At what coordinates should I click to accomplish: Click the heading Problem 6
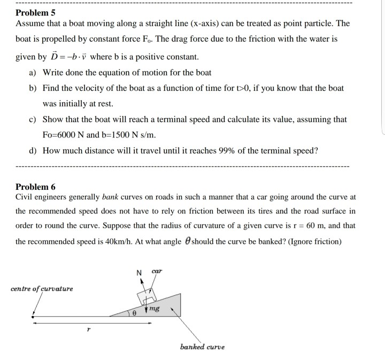click(35, 187)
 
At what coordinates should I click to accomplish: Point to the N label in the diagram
click(140, 273)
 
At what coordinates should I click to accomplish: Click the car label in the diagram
click(156, 272)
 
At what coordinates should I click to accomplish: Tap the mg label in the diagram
click(155, 308)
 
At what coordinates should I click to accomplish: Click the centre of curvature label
click(42, 289)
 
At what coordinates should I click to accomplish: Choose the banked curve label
click(203, 347)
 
